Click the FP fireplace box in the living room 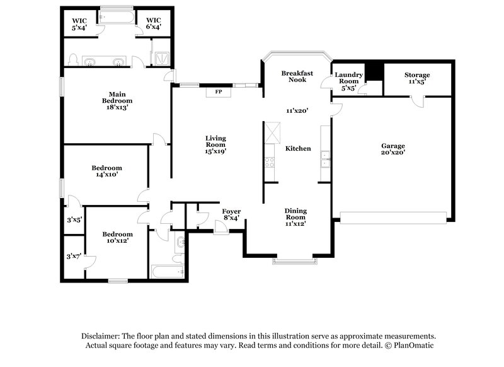219,92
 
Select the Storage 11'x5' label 417,78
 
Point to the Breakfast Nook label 294,76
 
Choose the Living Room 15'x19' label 216,144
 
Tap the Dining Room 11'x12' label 295,217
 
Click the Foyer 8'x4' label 231,214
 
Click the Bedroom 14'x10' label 106,172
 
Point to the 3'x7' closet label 74,257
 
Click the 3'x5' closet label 74,220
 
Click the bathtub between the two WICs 117,17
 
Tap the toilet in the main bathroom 74,61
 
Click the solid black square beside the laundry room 375,71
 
